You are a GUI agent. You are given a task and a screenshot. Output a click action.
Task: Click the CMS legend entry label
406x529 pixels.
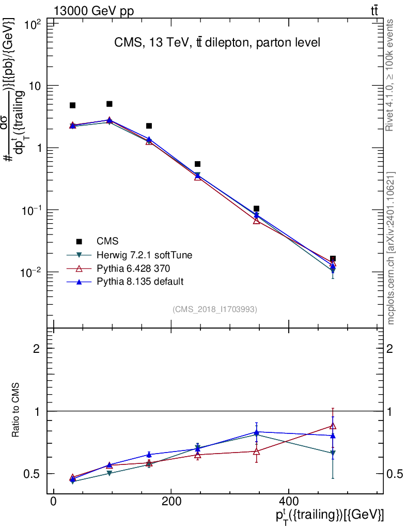[107, 241]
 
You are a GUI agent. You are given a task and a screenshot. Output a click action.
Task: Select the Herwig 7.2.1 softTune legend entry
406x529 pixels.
[144, 255]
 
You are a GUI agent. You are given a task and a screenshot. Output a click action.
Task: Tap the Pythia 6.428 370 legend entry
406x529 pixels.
[133, 268]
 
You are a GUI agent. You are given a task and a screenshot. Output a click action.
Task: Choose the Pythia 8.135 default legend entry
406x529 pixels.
[140, 282]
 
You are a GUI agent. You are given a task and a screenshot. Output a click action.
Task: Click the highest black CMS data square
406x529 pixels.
[110, 104]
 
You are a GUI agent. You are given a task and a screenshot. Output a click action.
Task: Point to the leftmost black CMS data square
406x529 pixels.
[72, 105]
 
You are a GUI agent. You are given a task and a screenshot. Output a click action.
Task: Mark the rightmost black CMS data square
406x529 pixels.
[333, 259]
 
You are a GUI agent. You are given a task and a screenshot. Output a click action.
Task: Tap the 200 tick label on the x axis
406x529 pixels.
[171, 501]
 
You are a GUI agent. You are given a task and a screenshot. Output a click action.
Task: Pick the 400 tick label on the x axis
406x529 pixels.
[289, 501]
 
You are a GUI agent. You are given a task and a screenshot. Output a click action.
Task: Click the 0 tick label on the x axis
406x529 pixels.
[53, 501]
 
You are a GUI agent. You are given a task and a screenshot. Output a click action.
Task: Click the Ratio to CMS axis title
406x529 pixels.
[15, 410]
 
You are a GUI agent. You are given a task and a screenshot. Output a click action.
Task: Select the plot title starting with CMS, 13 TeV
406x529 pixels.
[217, 42]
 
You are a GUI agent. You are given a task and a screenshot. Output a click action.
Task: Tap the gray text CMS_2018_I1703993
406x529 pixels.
[215, 309]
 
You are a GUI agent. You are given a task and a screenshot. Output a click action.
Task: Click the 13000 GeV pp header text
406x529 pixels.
[93, 11]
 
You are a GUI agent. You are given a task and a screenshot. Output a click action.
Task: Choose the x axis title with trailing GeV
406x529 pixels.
[330, 516]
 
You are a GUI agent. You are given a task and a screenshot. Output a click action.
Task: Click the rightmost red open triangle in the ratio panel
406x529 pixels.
[333, 426]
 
